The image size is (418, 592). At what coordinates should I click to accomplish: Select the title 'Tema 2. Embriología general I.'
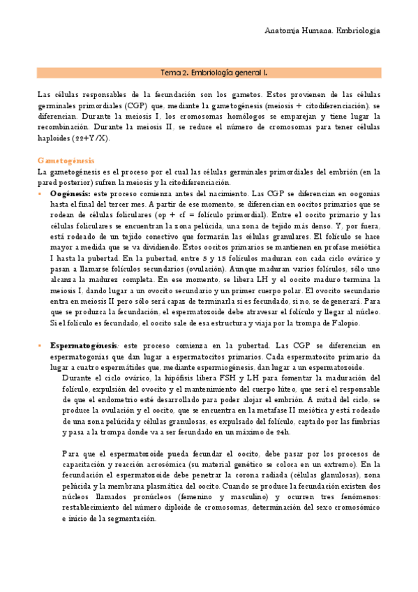coord(209,72)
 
